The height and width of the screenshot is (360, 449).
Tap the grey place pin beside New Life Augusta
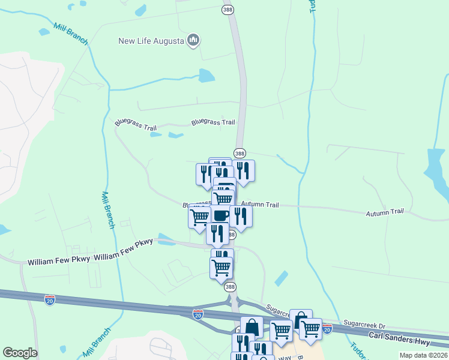193,40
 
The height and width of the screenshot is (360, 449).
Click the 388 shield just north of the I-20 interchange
229,287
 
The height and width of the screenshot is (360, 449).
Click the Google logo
20,353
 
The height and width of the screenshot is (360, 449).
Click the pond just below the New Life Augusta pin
206,75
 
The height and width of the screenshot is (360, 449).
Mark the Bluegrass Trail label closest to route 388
213,122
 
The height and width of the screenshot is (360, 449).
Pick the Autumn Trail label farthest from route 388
385,212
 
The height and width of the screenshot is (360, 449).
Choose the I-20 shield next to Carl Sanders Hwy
327,328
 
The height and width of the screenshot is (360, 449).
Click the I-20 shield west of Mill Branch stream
50,299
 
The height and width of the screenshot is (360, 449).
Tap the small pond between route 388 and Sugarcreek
281,278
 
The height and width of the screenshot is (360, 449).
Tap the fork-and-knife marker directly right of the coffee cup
241,216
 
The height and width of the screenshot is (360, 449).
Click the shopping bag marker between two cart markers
301,319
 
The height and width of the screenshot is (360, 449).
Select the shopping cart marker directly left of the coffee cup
199,216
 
